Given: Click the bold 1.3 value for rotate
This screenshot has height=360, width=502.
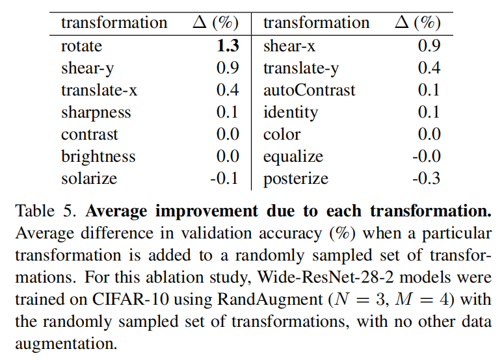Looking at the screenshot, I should click(228, 45).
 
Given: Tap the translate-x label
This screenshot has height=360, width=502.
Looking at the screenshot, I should click(99, 90).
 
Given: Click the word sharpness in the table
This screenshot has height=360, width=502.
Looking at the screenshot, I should click(96, 113).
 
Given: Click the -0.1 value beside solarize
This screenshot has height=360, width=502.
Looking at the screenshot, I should click(224, 179).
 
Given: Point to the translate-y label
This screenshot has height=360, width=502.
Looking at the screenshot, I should click(301, 68).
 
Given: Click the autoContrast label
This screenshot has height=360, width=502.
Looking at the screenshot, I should click(309, 90).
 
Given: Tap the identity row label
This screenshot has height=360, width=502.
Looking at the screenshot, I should click(291, 113).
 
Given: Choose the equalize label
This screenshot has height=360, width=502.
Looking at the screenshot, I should click(293, 157).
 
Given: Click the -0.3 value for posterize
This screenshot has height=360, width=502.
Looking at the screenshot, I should click(426, 179).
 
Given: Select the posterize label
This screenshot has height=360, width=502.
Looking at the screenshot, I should click(296, 179).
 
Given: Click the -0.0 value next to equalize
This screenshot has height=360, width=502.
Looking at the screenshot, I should click(426, 157).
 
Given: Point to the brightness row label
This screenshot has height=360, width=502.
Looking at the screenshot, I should click(98, 157).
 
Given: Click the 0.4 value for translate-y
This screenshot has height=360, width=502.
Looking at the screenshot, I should click(429, 68).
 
